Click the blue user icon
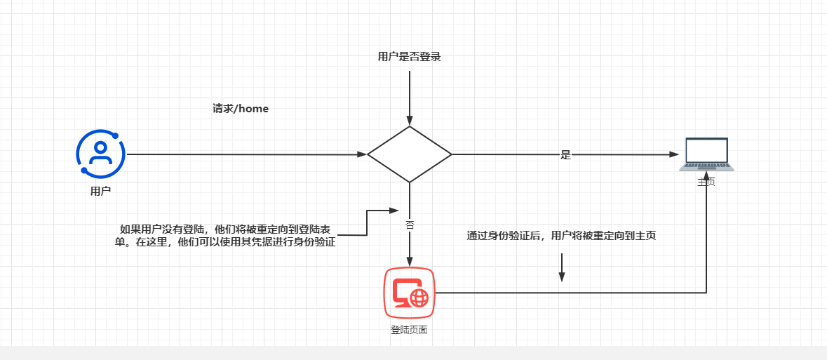click(100, 154)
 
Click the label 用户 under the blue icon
click(100, 190)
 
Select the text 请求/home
click(241, 109)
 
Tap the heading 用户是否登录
click(409, 57)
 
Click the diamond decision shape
click(410, 154)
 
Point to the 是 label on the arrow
click(566, 155)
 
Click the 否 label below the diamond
click(410, 225)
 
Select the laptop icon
click(706, 154)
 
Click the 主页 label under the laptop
click(706, 182)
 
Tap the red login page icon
click(410, 292)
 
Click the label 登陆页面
click(409, 329)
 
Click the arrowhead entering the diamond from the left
click(363, 154)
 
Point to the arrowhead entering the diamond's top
click(410, 121)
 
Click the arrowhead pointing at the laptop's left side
click(675, 154)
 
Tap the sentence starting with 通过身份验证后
click(561, 236)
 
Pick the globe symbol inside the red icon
click(419, 298)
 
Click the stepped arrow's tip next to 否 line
click(394, 210)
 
